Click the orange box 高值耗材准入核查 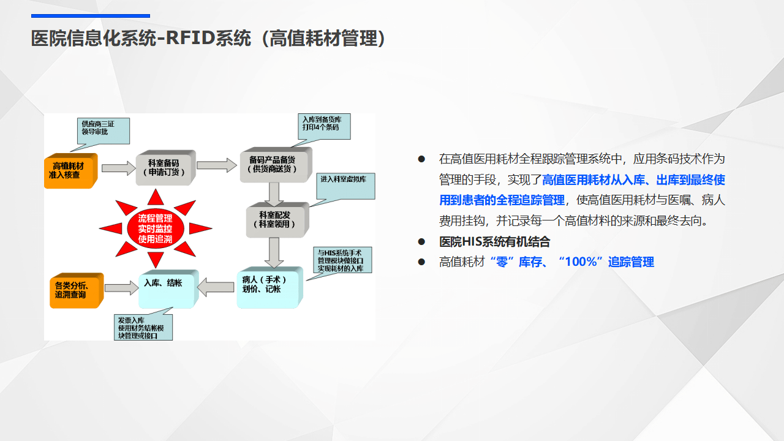click(x=70, y=170)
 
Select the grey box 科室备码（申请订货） click(x=164, y=167)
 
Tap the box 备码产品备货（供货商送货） click(x=273, y=164)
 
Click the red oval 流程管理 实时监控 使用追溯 click(x=155, y=229)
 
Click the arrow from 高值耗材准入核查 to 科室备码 click(x=118, y=167)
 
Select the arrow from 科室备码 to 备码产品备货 click(x=216, y=165)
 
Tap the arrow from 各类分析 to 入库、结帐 click(x=121, y=287)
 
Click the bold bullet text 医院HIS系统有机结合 click(x=495, y=242)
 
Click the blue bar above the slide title click(x=91, y=16)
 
